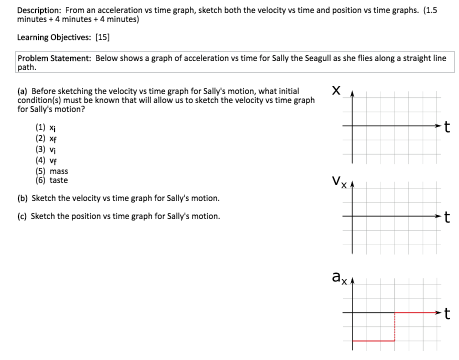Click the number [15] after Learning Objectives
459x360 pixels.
coord(102,37)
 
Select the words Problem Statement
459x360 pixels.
coord(54,58)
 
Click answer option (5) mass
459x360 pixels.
coord(51,171)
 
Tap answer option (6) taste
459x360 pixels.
coord(51,180)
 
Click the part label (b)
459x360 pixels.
coord(22,198)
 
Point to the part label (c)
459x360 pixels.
coord(22,216)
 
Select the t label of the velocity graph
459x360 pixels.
coord(447,217)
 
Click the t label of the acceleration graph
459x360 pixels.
coord(447,313)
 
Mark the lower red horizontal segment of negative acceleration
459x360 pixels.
coord(373,341)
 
